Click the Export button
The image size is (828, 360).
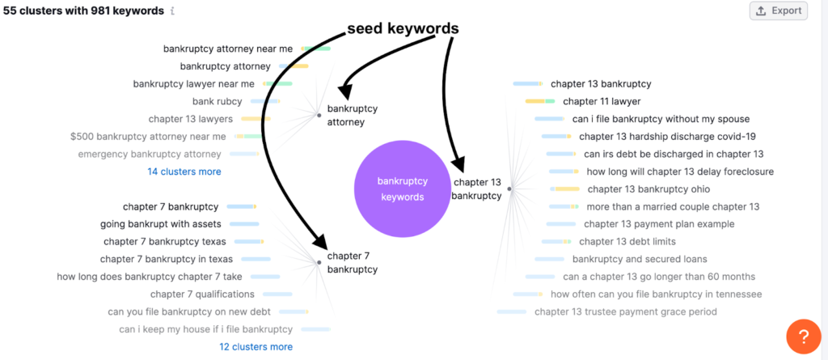point(779,11)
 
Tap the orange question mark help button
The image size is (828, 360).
point(803,337)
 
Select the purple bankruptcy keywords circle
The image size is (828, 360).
point(403,188)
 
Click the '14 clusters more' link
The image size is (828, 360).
point(184,172)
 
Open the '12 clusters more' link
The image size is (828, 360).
point(256,347)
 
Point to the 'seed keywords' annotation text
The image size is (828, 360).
point(403,30)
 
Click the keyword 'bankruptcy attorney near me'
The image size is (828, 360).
point(227,49)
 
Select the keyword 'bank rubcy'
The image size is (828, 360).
point(217,101)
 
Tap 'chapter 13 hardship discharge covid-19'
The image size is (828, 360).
point(667,137)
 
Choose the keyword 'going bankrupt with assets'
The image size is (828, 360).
point(161,224)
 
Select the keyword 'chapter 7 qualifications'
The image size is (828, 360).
point(202,294)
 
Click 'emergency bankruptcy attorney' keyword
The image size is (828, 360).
point(150,155)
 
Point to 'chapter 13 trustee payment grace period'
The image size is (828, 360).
point(626,312)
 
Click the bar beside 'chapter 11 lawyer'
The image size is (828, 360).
point(539,101)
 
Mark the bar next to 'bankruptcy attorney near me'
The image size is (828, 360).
point(316,49)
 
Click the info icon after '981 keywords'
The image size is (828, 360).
point(172,11)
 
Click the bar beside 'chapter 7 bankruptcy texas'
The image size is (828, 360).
point(249,242)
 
